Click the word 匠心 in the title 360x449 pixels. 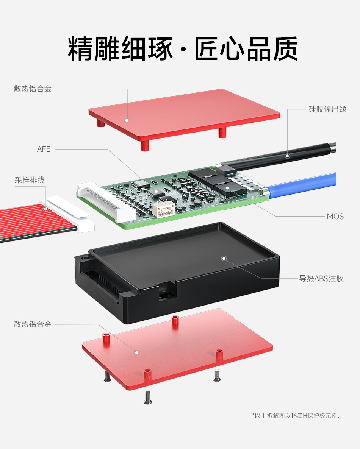pos(220,48)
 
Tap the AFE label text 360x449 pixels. pos(44,149)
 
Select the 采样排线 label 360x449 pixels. pos(30,180)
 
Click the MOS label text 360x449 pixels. pos(335,217)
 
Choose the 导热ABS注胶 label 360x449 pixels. pos(321,279)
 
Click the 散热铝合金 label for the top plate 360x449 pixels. pos(33,89)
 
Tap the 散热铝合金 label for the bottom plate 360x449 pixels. pos(33,324)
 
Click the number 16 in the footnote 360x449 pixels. pos(294,416)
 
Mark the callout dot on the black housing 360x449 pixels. pos(224,259)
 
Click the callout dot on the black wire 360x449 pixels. pos(287,156)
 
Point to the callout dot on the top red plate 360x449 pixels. pos(127,120)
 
